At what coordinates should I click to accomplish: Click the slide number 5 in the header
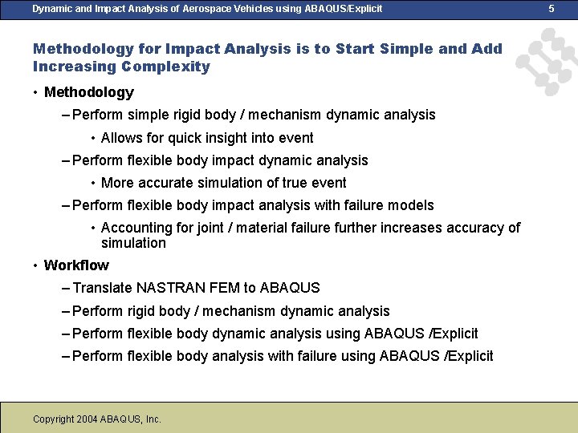552,8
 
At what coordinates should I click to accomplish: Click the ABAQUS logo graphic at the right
545,63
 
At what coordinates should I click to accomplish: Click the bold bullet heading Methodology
89,92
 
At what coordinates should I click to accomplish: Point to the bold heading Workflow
76,265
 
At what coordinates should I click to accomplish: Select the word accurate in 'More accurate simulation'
165,183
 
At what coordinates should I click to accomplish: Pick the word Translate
103,288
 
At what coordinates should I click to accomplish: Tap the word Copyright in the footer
53,419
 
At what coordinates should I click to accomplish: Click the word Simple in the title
405,48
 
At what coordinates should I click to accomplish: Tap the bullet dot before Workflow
35,265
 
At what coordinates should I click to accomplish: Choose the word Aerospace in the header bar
177,8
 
